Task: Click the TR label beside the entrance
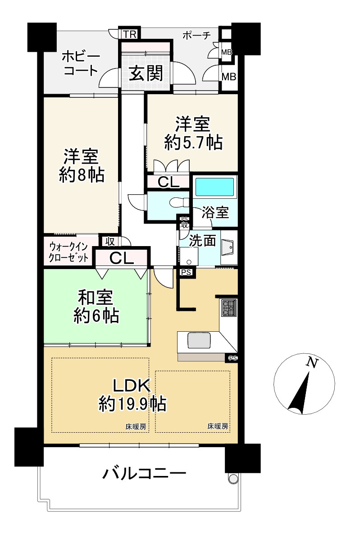tap(130, 34)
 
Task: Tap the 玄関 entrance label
tap(146, 73)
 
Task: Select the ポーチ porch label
tap(196, 35)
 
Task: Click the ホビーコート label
tap(81, 64)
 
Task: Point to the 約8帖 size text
tap(82, 175)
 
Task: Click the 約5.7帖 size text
tap(193, 142)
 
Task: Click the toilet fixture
tap(179, 202)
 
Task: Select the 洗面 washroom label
tap(202, 241)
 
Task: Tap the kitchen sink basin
tap(199, 341)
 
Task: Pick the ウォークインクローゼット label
tap(68, 252)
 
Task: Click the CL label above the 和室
tap(121, 259)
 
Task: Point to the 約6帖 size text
tap(96, 316)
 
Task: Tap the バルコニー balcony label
tap(145, 473)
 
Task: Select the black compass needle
tap(299, 393)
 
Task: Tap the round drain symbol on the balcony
tap(233, 478)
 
